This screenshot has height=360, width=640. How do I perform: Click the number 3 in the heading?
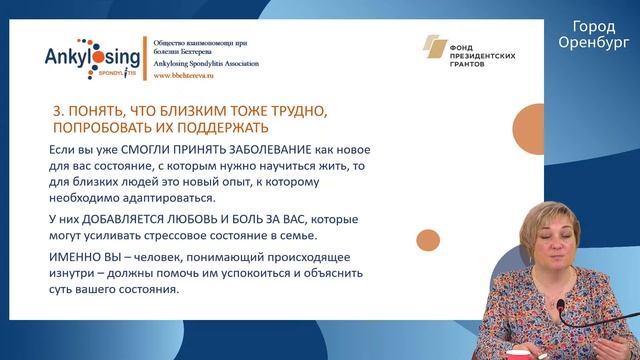pos(55,109)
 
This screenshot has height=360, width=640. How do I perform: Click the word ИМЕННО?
pos(76,257)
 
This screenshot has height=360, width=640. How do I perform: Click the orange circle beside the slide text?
pos(427,241)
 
